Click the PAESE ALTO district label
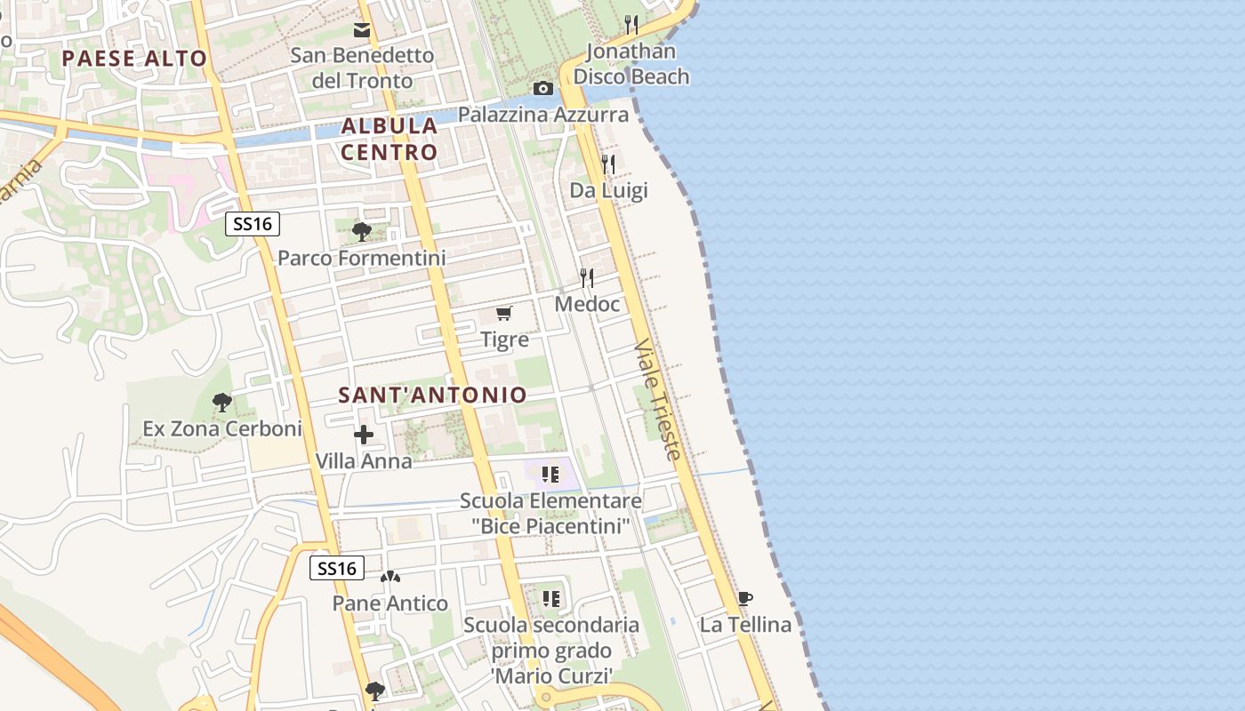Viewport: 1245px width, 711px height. point(135,59)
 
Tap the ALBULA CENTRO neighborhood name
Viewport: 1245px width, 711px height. point(390,139)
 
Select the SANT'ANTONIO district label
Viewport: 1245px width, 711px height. point(433,395)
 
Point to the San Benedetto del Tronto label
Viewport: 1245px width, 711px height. point(363,68)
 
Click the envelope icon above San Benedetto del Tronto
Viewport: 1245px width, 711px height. point(362,30)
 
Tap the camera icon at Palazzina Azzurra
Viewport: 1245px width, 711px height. point(542,88)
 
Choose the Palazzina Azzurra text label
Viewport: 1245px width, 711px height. point(543,115)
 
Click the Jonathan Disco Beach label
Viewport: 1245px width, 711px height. point(631,64)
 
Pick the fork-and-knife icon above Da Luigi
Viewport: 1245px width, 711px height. point(608,164)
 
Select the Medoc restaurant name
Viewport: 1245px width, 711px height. point(587,304)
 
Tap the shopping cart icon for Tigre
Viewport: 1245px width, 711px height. point(504,313)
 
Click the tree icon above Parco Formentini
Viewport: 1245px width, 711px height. point(361,232)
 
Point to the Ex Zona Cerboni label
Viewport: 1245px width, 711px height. point(222,428)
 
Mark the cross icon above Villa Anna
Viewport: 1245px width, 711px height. point(364,435)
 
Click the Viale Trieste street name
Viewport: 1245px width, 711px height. point(659,399)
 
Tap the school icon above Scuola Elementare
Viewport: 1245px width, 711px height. point(550,475)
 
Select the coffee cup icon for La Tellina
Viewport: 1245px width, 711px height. point(745,598)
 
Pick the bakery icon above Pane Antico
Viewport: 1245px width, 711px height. point(390,577)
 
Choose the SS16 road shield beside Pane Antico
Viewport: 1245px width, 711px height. point(337,568)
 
